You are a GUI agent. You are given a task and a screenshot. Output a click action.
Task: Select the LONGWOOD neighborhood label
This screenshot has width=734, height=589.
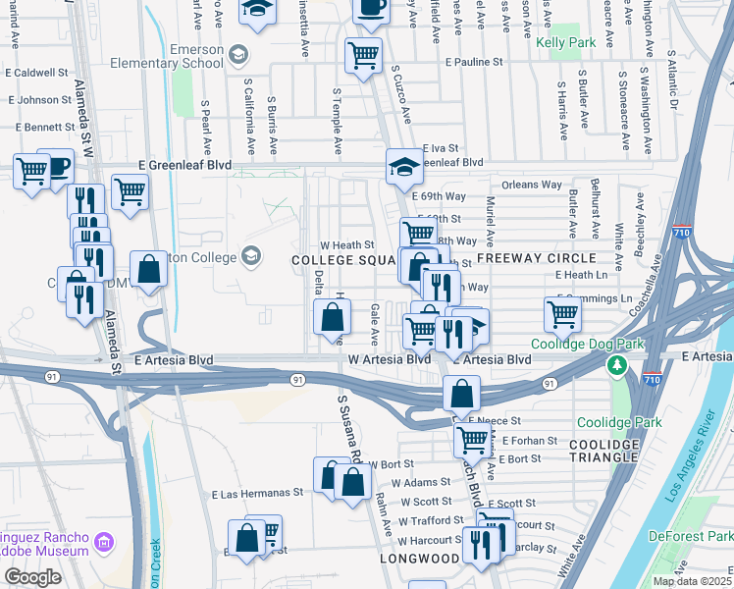click(x=421, y=559)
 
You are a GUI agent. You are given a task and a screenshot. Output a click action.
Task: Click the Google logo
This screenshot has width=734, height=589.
click(x=32, y=576)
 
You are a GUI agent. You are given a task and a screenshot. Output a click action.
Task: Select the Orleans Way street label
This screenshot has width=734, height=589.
click(x=531, y=185)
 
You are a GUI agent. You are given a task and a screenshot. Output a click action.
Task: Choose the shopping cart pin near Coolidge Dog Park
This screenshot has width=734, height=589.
click(x=562, y=314)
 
